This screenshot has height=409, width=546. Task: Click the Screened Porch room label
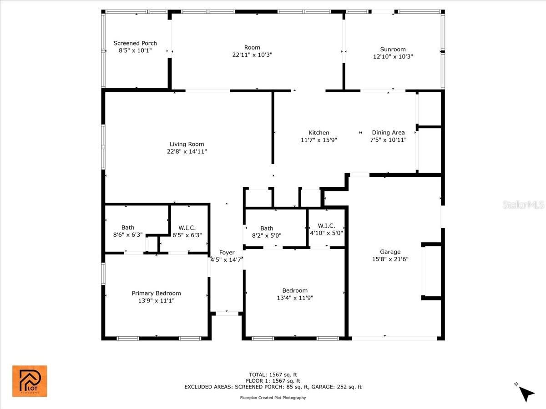point(135,43)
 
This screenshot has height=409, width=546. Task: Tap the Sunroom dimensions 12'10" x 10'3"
point(393,57)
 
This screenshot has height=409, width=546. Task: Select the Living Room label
point(187,144)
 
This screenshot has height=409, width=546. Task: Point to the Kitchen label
point(318,133)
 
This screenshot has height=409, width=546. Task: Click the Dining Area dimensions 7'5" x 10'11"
point(388,140)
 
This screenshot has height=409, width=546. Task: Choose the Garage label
point(390,252)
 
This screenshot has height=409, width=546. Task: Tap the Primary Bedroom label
point(156,293)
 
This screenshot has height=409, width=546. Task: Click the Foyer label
point(227,253)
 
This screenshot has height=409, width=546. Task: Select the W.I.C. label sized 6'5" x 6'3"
point(187,228)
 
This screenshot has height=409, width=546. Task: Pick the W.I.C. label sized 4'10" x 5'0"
point(326,226)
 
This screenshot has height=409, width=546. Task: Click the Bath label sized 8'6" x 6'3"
point(127,228)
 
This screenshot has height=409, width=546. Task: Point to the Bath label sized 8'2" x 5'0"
point(267,228)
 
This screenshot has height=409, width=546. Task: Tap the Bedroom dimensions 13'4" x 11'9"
point(295,298)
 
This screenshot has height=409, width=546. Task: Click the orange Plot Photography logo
point(30,381)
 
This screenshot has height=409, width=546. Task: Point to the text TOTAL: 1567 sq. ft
point(273,375)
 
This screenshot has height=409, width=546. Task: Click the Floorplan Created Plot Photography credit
point(273,398)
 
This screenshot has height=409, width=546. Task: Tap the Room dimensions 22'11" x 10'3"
point(252,55)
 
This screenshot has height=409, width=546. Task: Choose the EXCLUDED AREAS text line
point(273,387)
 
